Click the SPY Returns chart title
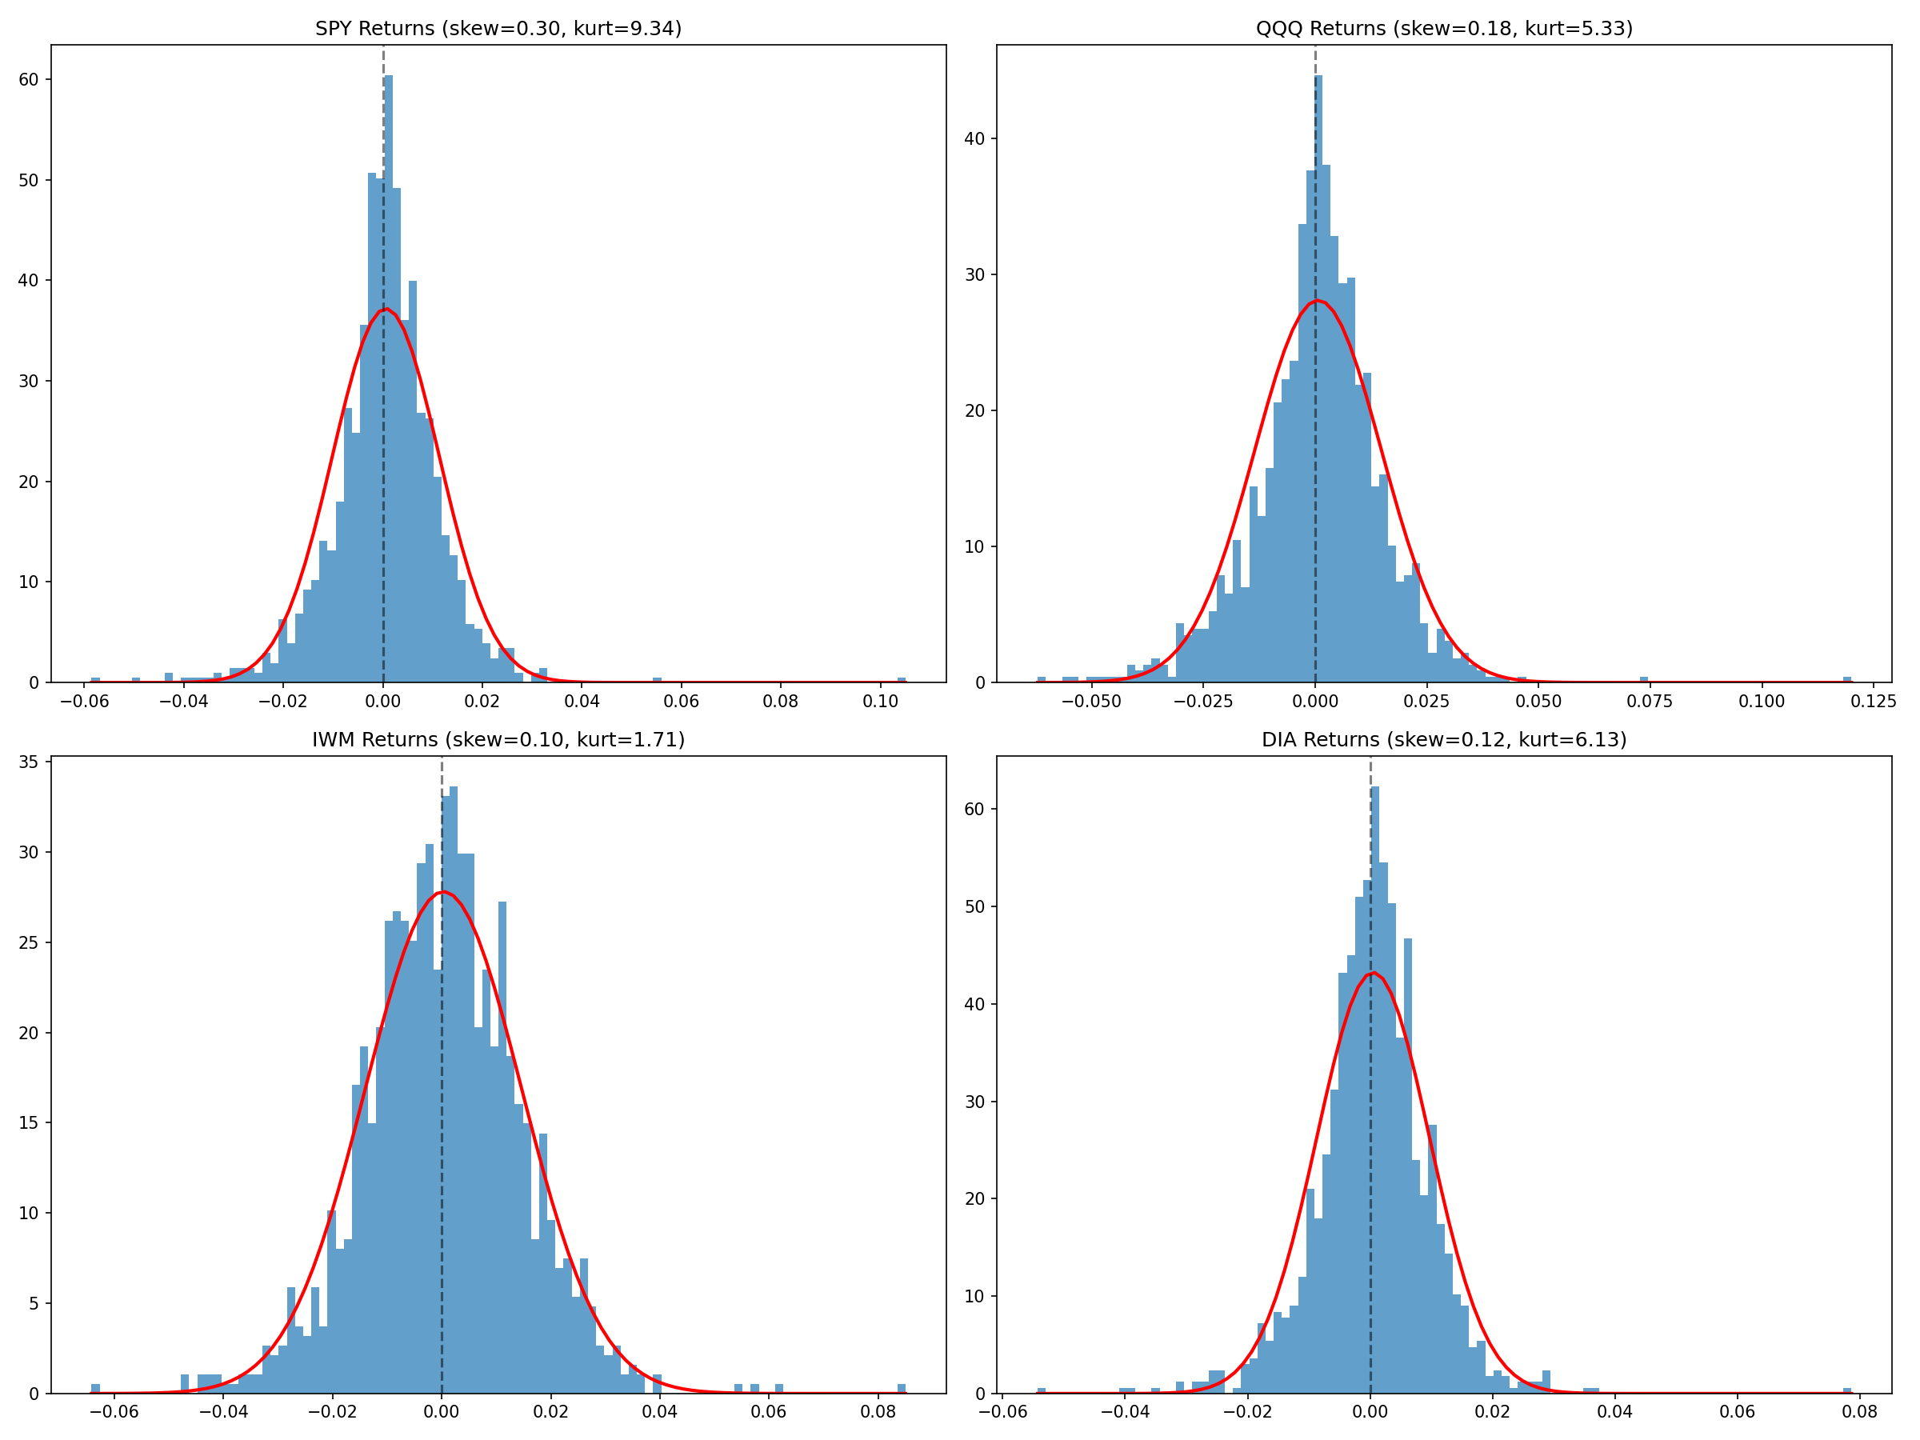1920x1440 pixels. [498, 29]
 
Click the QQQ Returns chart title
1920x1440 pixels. [1443, 29]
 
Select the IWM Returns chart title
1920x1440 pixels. [498, 739]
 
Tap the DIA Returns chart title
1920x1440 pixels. [1443, 739]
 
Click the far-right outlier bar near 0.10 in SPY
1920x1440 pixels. [901, 680]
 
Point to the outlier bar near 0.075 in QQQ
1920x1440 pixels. [1643, 680]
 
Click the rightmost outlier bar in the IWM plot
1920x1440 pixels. [901, 1389]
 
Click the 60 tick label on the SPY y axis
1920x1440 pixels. [29, 80]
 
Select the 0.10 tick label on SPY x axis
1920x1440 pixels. [880, 702]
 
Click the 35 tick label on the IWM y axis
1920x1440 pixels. [29, 762]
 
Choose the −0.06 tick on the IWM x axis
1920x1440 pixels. [114, 1412]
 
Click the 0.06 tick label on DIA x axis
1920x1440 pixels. [1737, 1412]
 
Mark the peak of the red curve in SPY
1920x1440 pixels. [386, 309]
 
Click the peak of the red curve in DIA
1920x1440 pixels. [1372, 973]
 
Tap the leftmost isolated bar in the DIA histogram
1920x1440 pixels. [1041, 1390]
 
